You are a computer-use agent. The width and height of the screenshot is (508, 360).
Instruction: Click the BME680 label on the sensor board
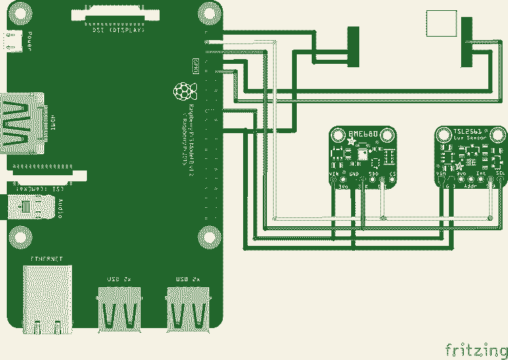pyautogui.click(x=363, y=134)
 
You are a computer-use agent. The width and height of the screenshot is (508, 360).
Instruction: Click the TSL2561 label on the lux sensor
pyautogui.click(x=467, y=131)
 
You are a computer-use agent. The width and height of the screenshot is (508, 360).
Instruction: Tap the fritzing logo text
pyautogui.click(x=475, y=349)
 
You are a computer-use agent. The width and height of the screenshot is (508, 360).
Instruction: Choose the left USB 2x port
pyautogui.click(x=121, y=309)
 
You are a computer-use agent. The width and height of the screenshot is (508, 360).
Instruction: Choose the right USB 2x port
pyautogui.click(x=189, y=309)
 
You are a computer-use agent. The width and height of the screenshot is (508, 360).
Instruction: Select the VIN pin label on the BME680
pyautogui.click(x=334, y=175)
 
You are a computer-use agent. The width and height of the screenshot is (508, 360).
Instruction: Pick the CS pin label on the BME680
pyautogui.click(x=392, y=175)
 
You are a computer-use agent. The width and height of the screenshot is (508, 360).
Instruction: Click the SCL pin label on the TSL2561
pyautogui.click(x=500, y=174)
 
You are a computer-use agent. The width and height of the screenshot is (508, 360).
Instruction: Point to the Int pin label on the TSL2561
pyautogui.click(x=480, y=174)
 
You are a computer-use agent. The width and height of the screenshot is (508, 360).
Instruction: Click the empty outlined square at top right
pyautogui.click(x=441, y=23)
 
